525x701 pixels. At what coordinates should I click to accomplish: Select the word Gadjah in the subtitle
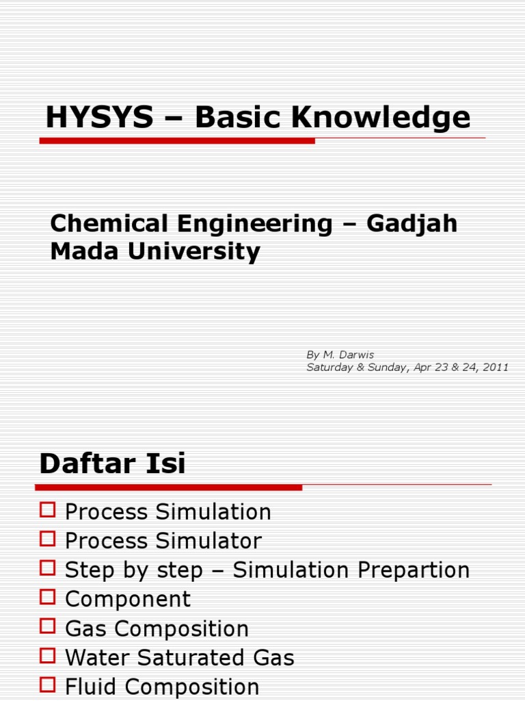(413, 223)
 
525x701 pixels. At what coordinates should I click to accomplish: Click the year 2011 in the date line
(495, 367)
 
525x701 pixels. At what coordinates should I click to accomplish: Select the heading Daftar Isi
(112, 463)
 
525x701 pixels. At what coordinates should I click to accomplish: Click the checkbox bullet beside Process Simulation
(47, 509)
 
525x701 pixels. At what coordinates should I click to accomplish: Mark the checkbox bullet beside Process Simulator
(47, 539)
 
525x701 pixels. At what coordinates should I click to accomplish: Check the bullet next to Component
(47, 597)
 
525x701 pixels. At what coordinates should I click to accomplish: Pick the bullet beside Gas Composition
(47, 626)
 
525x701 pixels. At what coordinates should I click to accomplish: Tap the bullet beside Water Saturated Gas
(47, 656)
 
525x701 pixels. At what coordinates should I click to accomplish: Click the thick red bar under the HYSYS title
(177, 140)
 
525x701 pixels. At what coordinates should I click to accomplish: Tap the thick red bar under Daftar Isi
(168, 487)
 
